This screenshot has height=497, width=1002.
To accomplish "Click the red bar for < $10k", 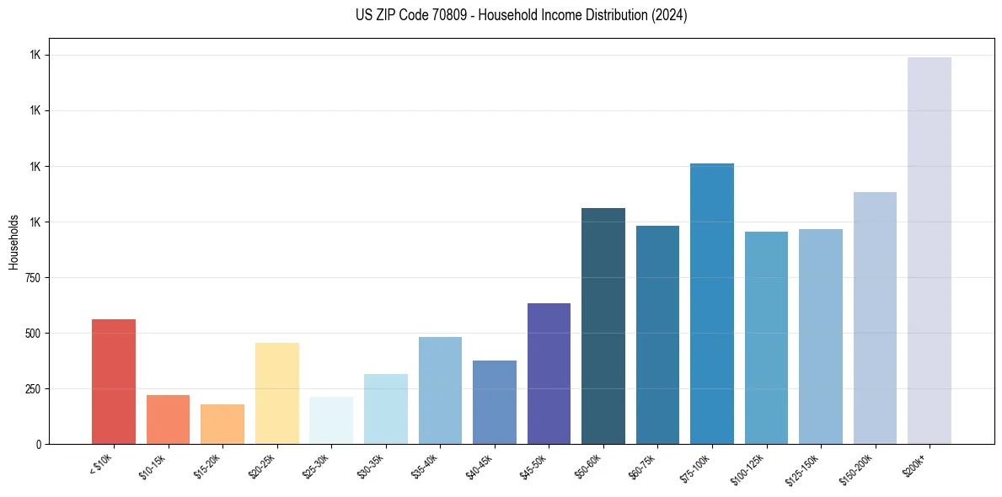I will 114,382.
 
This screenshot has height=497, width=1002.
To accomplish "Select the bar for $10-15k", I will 168,420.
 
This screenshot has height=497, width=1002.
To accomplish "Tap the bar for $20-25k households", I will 276,393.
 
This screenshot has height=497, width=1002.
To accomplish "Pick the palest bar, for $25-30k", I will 331,420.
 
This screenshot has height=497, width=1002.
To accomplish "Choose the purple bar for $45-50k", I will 549,373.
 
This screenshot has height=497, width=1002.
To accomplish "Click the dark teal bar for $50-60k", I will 603,326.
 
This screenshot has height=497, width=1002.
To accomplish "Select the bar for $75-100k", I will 712,303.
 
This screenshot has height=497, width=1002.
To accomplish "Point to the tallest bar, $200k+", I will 930,250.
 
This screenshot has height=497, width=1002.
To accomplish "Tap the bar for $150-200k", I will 875,318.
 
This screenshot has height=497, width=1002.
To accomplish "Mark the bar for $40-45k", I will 495,402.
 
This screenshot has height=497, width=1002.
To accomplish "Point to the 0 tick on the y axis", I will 38,444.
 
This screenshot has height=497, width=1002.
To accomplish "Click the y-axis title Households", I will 13,242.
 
